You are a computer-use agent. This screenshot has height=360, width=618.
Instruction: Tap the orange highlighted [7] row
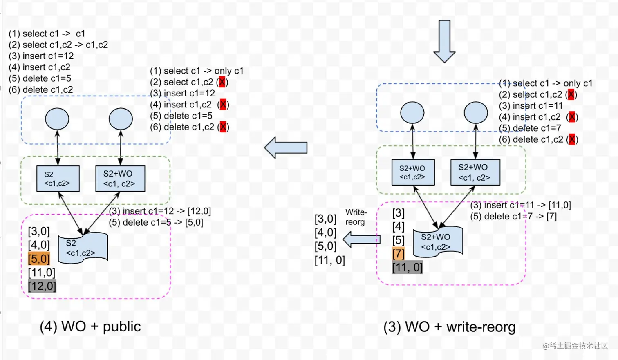(399, 254)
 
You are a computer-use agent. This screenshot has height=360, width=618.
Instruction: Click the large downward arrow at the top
(444, 41)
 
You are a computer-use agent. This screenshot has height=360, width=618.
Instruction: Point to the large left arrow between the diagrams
(286, 148)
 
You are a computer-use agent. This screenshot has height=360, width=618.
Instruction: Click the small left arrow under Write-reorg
(361, 239)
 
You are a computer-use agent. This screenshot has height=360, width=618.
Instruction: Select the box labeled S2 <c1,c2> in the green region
(58, 179)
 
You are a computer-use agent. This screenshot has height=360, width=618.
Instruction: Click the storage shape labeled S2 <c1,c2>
(83, 248)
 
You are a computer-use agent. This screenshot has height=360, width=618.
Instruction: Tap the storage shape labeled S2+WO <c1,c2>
(438, 241)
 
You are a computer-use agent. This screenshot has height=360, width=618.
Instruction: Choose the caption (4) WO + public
(90, 326)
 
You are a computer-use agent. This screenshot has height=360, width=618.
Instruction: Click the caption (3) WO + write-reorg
(450, 327)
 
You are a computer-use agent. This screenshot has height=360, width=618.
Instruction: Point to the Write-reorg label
(356, 217)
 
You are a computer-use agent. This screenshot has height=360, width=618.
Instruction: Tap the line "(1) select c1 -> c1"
(47, 34)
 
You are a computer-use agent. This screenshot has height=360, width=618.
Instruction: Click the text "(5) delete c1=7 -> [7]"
(513, 216)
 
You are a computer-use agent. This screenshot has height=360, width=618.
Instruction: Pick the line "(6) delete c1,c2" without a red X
(41, 89)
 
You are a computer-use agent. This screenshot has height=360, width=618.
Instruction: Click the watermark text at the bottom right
(575, 346)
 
